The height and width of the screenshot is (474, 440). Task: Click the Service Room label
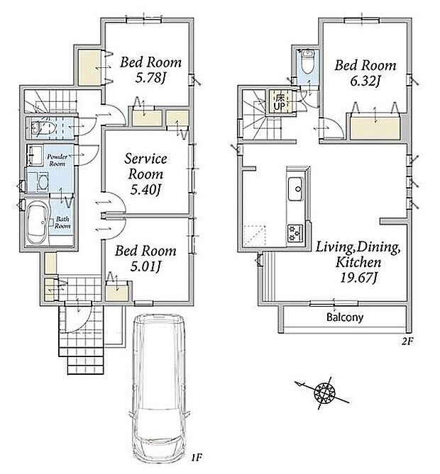coord(145,167)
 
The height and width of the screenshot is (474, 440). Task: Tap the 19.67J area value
coord(358,278)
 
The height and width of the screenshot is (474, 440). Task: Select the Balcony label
coord(345,317)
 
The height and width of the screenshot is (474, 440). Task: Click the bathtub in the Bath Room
coord(37,222)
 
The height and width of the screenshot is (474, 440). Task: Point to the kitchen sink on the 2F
coord(295,189)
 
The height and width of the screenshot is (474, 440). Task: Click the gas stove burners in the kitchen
coord(295,232)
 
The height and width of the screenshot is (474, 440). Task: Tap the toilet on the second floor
coord(308,62)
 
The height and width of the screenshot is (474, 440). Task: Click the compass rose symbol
coord(324,393)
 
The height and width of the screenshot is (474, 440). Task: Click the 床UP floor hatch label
coord(279,101)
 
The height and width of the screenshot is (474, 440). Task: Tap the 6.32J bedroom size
coord(365,81)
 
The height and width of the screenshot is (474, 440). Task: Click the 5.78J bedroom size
coord(150,79)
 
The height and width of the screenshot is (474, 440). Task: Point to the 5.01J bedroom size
coord(145,266)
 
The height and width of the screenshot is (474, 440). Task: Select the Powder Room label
coord(57,160)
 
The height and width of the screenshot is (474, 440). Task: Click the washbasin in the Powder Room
coord(35,154)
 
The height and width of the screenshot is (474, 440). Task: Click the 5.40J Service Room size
coord(145,190)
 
